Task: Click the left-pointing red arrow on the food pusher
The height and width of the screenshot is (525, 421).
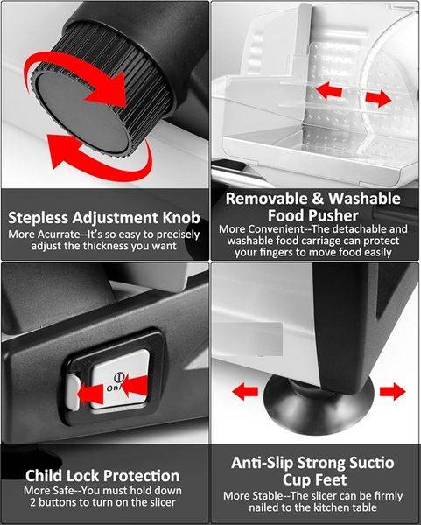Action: [x=329, y=90]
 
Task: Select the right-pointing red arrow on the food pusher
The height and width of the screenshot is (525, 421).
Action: [x=378, y=98]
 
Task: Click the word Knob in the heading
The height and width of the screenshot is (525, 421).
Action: [x=181, y=218]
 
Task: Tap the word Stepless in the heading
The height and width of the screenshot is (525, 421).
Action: [x=39, y=218]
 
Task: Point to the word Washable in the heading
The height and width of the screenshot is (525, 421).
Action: [x=364, y=199]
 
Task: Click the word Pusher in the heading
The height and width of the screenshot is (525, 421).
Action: [x=337, y=215]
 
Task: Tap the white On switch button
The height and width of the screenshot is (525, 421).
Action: [x=119, y=380]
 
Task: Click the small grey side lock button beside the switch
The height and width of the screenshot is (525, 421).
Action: [x=73, y=392]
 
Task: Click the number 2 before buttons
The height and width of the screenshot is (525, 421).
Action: [x=33, y=502]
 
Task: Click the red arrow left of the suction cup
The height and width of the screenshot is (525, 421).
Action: [x=245, y=391]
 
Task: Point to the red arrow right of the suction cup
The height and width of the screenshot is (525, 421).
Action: [x=392, y=391]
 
